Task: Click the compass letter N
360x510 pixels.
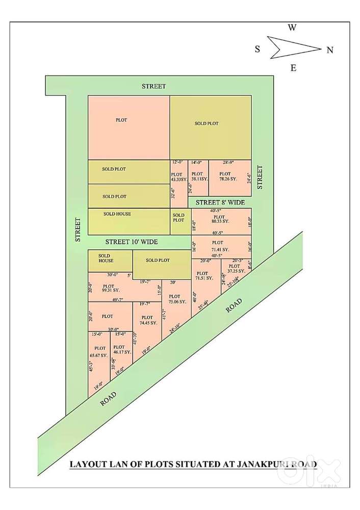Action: coord(330,50)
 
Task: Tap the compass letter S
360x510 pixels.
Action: coord(258,49)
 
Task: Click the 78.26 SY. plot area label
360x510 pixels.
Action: coord(228,179)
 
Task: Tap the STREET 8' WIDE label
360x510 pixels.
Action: coord(220,202)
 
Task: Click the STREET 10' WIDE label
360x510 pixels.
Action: coord(131,242)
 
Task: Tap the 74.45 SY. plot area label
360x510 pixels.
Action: coord(147,323)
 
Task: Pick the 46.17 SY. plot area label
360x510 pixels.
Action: coord(121,352)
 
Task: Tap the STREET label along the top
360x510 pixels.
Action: coord(153,86)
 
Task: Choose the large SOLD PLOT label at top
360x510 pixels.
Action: coord(207,123)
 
